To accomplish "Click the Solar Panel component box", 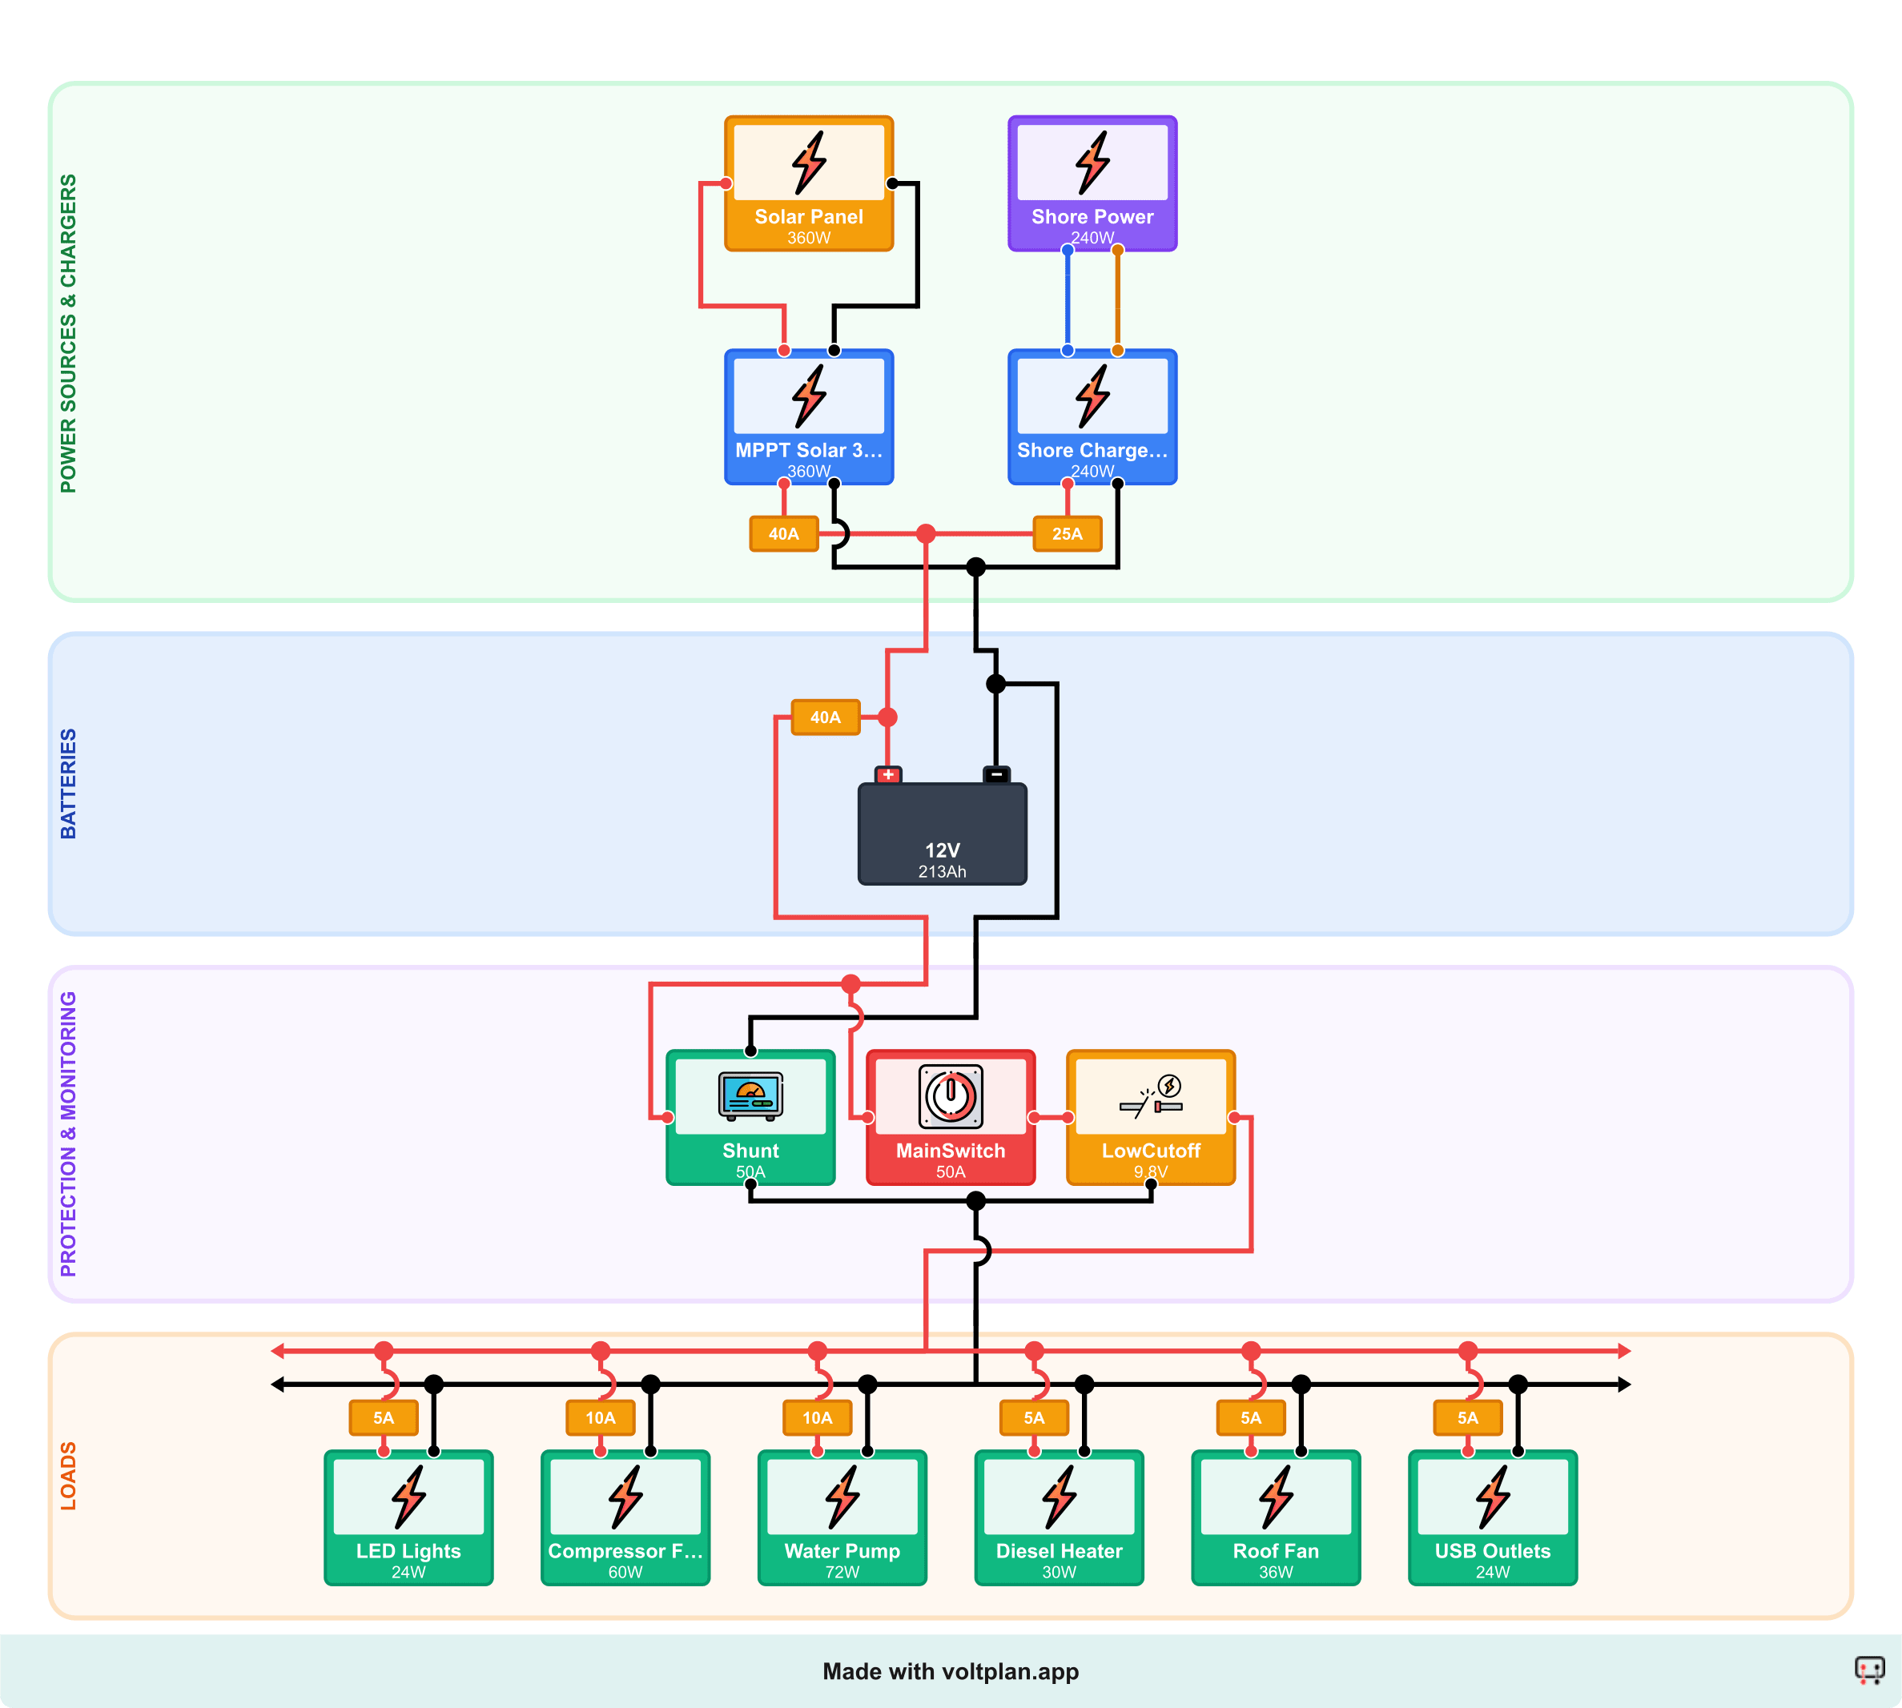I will tap(808, 184).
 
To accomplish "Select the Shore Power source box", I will tap(1092, 184).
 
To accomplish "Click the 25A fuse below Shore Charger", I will tap(1067, 534).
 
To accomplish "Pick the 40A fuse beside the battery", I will tap(825, 717).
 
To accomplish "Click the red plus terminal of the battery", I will tap(887, 775).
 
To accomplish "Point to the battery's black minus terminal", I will tap(996, 775).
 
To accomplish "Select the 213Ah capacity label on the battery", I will tap(942, 872).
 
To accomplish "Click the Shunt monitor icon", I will tap(750, 1095).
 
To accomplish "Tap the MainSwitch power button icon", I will tap(951, 1095).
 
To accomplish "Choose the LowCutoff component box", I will tap(1150, 1117).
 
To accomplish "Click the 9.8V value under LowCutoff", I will tap(1150, 1172).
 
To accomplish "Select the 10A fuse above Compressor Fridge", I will tap(601, 1418).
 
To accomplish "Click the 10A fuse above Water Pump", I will tap(818, 1418).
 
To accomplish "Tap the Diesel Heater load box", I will tap(1059, 1517).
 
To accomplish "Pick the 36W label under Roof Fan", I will tap(1275, 1572).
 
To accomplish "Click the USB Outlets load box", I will tap(1492, 1517).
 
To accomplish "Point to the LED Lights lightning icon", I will tap(409, 1497).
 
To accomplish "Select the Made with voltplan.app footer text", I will tap(951, 1671).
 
